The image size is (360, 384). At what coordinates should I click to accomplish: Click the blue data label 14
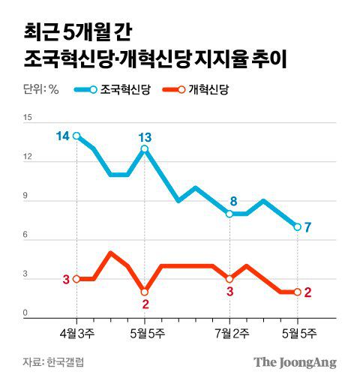tap(62, 136)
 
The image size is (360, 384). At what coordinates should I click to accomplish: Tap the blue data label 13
tap(145, 136)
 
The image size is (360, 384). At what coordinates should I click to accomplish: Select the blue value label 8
tap(233, 201)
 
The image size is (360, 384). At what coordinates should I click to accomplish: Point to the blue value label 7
tap(308, 227)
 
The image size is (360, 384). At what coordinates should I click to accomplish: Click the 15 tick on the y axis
tap(28, 118)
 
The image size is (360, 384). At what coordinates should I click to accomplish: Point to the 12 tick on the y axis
tap(28, 157)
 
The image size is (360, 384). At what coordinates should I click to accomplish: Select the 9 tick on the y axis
tap(28, 197)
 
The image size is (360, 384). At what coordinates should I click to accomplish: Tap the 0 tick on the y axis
tap(28, 313)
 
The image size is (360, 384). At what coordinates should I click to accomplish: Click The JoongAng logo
tap(294, 362)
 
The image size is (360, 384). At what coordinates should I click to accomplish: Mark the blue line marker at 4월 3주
tap(77, 136)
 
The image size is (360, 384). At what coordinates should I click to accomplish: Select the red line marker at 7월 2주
tap(229, 278)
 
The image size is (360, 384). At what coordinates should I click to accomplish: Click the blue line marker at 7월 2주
tap(229, 214)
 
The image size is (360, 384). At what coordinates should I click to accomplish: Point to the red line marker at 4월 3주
tap(77, 278)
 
